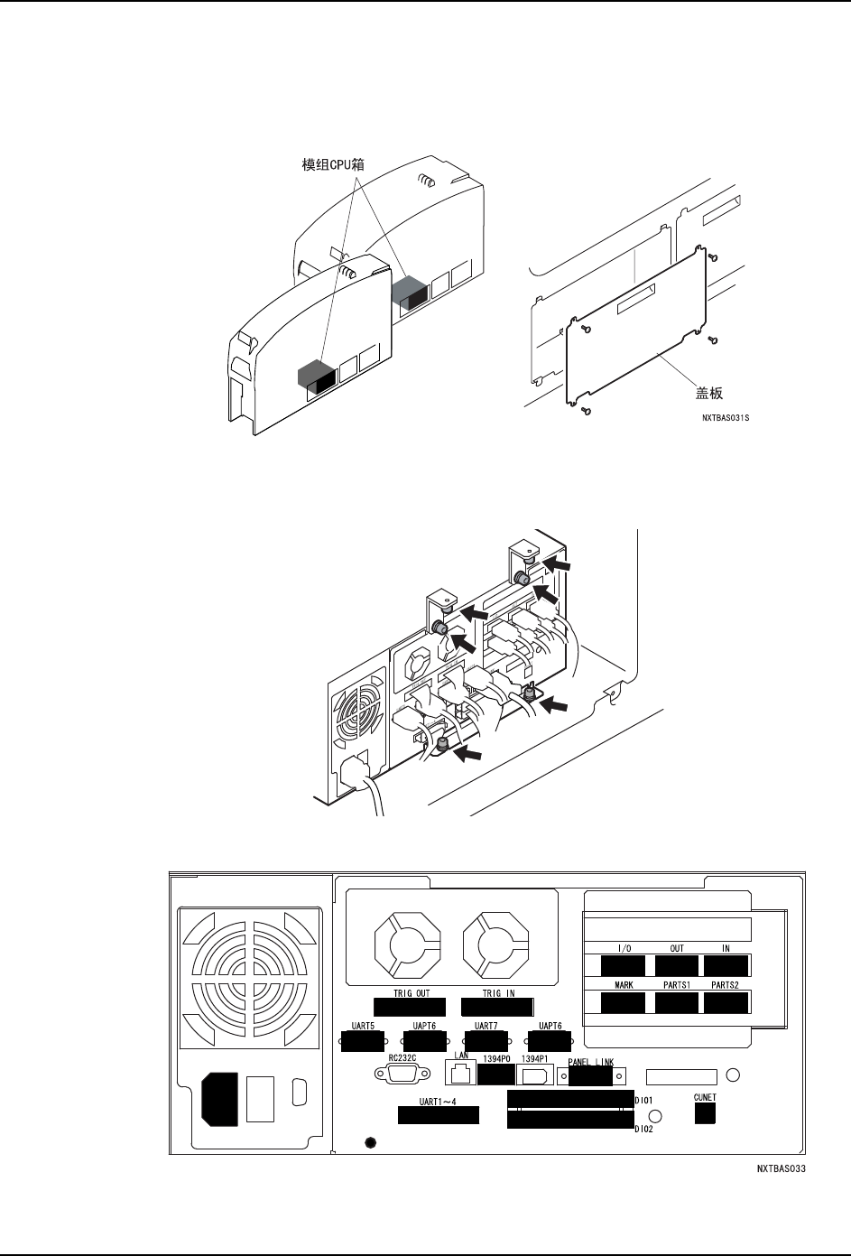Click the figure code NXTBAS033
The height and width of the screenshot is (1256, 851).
pos(781,1168)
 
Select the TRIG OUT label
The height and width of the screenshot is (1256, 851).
pos(412,993)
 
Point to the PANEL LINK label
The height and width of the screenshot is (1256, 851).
pos(591,1062)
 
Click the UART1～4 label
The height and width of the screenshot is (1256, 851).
pos(439,1102)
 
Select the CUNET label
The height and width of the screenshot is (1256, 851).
pos(705,1097)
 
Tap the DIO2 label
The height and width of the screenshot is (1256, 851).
pos(643,1129)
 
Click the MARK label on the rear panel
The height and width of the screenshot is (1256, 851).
pos(623,985)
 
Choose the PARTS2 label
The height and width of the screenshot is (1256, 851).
pos(726,985)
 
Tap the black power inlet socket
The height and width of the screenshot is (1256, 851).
pos(214,1099)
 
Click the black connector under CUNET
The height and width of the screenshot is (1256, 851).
pos(705,1114)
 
